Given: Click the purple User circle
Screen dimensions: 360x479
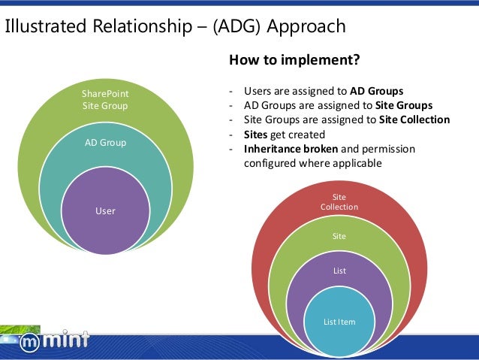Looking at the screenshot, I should pos(105,211).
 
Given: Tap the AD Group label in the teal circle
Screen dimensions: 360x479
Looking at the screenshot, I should pos(105,142).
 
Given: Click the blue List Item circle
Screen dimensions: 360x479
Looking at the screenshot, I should pos(339,322).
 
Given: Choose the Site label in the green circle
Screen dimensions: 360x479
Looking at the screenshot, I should pos(339,236).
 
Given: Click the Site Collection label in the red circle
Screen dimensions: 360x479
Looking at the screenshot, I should pos(339,202).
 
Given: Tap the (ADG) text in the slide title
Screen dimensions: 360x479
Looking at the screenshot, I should pos(237,27).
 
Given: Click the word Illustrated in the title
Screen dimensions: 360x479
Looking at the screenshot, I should pos(47,27).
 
